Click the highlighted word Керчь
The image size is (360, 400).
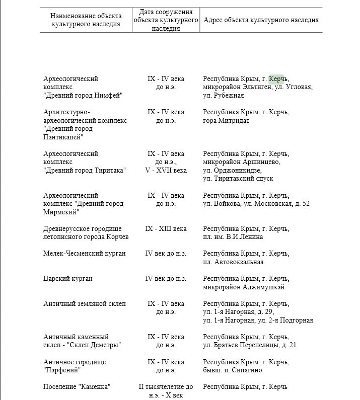point(276,78)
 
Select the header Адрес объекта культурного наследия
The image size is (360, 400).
point(260,20)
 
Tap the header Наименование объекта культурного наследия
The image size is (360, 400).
point(86,20)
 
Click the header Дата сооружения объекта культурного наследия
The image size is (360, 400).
point(166,20)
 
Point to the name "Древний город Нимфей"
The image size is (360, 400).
point(83,95)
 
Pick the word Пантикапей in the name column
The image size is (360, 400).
point(63,137)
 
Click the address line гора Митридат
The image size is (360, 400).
point(226,120)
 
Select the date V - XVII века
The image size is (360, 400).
point(166,170)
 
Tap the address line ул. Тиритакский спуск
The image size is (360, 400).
point(238,178)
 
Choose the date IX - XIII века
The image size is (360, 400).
point(166,228)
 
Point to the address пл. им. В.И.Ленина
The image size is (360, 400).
point(233,237)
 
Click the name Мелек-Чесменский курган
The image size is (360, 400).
point(85,254)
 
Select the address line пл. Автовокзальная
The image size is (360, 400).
point(233,262)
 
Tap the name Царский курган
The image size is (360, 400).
point(68,278)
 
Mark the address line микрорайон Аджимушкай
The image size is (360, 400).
point(243,287)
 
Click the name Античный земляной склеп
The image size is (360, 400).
point(85,303)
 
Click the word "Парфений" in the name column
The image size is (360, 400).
point(62,370)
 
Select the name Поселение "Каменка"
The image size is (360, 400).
point(77,386)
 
